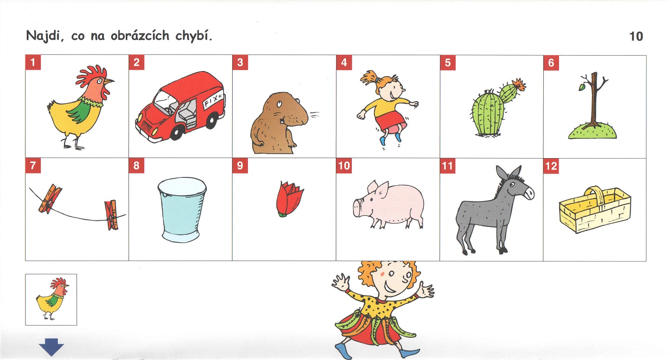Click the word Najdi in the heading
(45, 36)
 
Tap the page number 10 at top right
(636, 36)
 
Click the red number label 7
(33, 166)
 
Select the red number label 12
(551, 166)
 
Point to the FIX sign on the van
(213, 100)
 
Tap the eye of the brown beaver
(279, 104)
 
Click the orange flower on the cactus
(519, 84)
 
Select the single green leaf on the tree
(582, 87)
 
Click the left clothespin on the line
(50, 199)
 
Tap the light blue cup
(182, 209)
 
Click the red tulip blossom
(289, 199)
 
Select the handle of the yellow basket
(595, 194)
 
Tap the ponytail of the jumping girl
(368, 78)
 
